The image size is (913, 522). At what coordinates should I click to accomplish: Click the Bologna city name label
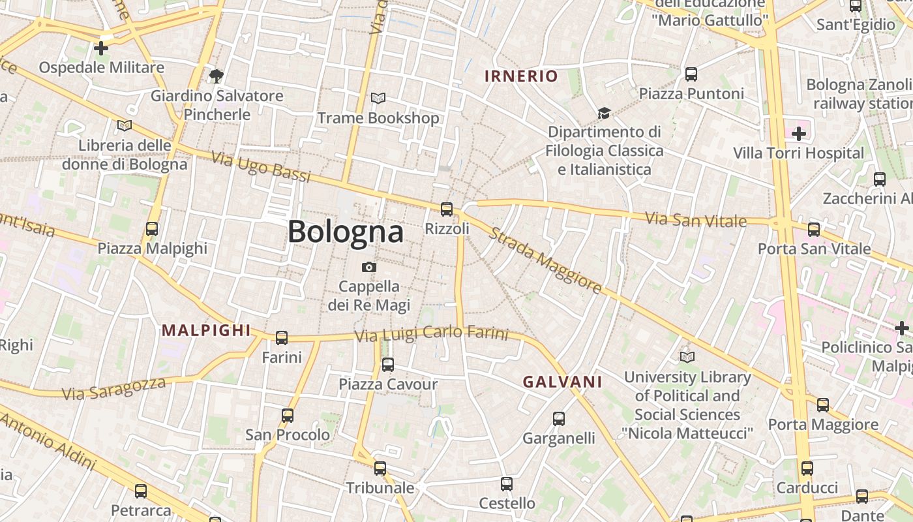[x=346, y=232]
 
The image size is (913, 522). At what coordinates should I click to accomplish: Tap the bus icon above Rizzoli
[x=447, y=209]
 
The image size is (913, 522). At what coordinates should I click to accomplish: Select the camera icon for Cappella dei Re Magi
[x=369, y=267]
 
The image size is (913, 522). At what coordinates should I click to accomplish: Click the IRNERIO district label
[x=521, y=76]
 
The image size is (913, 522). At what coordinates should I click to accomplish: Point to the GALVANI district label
[x=562, y=382]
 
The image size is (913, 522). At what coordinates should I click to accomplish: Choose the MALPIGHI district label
[x=206, y=330]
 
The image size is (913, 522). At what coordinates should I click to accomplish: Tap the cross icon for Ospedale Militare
[x=101, y=48]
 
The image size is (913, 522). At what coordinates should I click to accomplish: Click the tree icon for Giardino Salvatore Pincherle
[x=217, y=76]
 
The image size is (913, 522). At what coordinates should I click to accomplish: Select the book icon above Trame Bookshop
[x=378, y=99]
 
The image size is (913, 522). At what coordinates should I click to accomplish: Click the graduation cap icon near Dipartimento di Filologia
[x=604, y=113]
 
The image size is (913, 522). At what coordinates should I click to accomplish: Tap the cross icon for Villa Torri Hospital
[x=799, y=134]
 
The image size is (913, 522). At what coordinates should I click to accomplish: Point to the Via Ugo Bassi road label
[x=260, y=166]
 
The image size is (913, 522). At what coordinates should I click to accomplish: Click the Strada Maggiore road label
[x=545, y=260]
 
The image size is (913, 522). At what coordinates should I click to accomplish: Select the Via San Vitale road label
[x=696, y=220]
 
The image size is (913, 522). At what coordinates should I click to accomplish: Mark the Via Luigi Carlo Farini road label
[x=431, y=334]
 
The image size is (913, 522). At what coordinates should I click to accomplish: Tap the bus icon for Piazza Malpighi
[x=152, y=229]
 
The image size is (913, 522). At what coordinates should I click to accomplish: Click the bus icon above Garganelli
[x=559, y=419]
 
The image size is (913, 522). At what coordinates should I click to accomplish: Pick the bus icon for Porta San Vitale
[x=814, y=230]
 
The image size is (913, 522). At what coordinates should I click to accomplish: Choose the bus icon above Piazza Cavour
[x=388, y=365]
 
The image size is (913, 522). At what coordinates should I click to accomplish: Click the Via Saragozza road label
[x=113, y=388]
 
